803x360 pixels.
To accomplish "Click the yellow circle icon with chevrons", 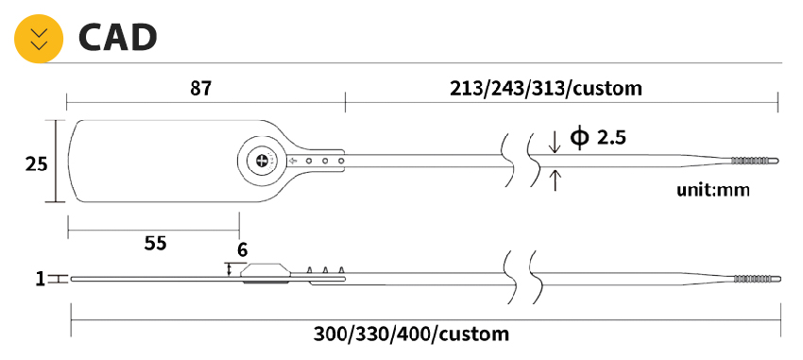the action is pos(39,39).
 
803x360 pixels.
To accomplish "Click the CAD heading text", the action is pos(117,38).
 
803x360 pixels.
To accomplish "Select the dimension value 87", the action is pos(200,89).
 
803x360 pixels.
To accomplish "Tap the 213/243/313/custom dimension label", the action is pos(545,89).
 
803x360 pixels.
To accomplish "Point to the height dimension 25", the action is pos(36,164).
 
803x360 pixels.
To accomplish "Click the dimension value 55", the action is pos(155,243).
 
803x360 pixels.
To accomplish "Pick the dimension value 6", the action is pos(242,249).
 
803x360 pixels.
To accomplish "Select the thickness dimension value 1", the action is pos(41,279).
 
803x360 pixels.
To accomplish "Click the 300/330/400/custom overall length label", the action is pos(411,334).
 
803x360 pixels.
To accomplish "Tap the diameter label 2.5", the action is pos(611,138).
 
